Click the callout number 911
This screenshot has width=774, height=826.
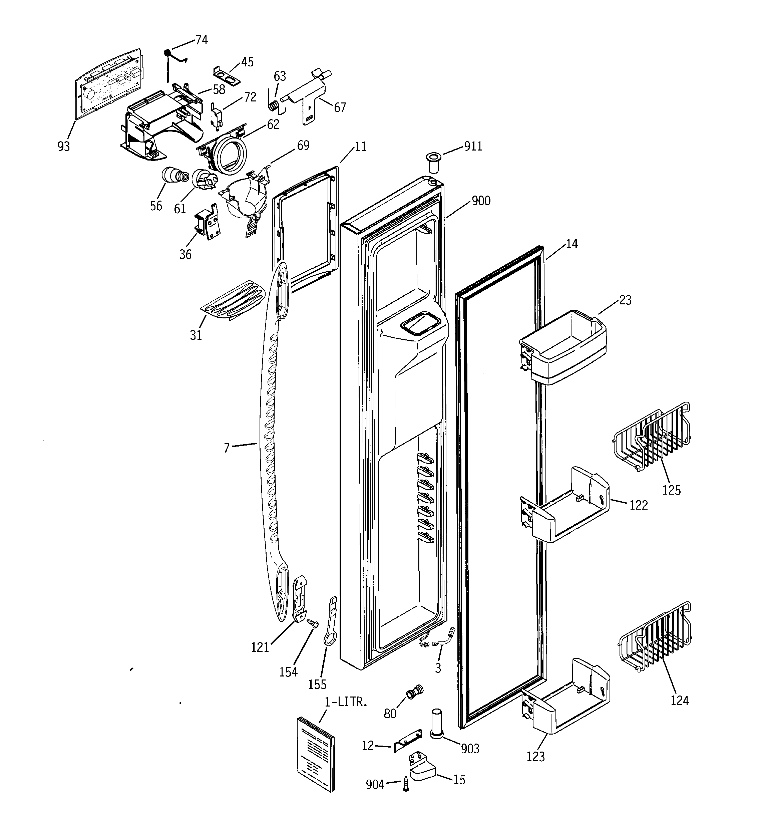pos(473,146)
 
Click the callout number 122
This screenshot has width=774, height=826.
pos(638,505)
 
